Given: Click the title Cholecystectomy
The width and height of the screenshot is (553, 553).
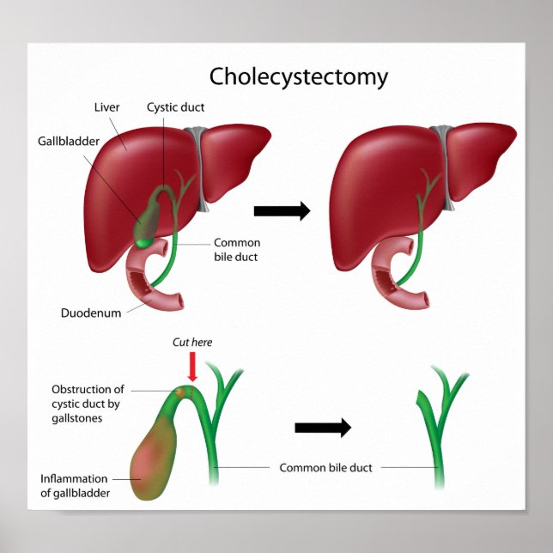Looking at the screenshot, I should [299, 76].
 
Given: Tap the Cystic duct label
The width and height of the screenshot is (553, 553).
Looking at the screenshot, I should [175, 108].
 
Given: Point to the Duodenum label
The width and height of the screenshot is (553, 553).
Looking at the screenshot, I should [90, 313].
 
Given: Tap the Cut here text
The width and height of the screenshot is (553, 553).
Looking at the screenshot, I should [191, 342].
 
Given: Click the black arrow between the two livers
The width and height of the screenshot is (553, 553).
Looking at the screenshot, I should [282, 212].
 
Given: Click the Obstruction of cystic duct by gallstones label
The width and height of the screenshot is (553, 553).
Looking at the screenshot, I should [88, 404].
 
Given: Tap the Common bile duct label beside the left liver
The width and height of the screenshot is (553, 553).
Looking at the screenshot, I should [236, 249].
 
